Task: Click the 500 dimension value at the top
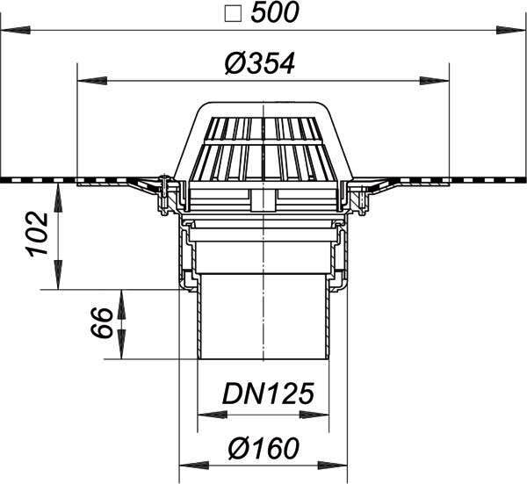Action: point(275,13)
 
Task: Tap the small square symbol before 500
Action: point(233,14)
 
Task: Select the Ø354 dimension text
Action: point(260,63)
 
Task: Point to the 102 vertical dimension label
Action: point(37,234)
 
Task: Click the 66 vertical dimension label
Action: point(102,322)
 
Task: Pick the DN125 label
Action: point(268,394)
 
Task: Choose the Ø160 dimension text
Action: point(263,448)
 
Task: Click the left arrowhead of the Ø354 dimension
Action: point(92,81)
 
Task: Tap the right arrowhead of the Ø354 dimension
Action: point(434,81)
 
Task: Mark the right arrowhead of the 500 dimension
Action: point(511,30)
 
